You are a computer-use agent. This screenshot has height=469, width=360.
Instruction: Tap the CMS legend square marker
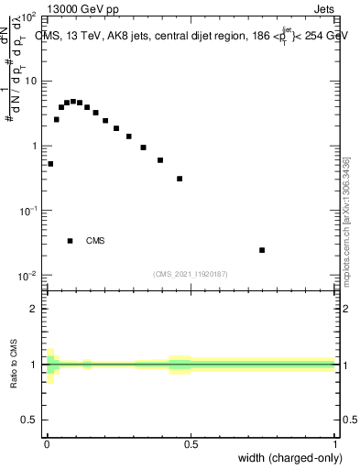(71, 241)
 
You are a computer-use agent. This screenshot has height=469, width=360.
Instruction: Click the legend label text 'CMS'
(95, 241)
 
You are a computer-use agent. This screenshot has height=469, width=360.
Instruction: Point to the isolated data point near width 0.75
(262, 250)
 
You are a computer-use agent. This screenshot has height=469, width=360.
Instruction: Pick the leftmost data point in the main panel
(50, 164)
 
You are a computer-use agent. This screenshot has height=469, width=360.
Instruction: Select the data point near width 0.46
(180, 179)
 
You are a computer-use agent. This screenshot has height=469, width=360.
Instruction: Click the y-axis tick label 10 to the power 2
(27, 16)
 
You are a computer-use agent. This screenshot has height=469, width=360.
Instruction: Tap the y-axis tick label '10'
(31, 82)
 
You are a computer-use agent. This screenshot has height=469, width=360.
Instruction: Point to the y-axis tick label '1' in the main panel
(35, 147)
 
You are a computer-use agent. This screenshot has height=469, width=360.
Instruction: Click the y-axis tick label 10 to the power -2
(27, 276)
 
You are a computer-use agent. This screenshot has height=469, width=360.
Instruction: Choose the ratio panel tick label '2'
(35, 309)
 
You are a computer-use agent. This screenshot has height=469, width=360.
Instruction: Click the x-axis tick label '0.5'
(191, 445)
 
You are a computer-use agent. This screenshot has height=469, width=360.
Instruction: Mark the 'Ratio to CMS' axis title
(15, 365)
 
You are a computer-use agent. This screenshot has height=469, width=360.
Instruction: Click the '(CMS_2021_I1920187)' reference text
(190, 273)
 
